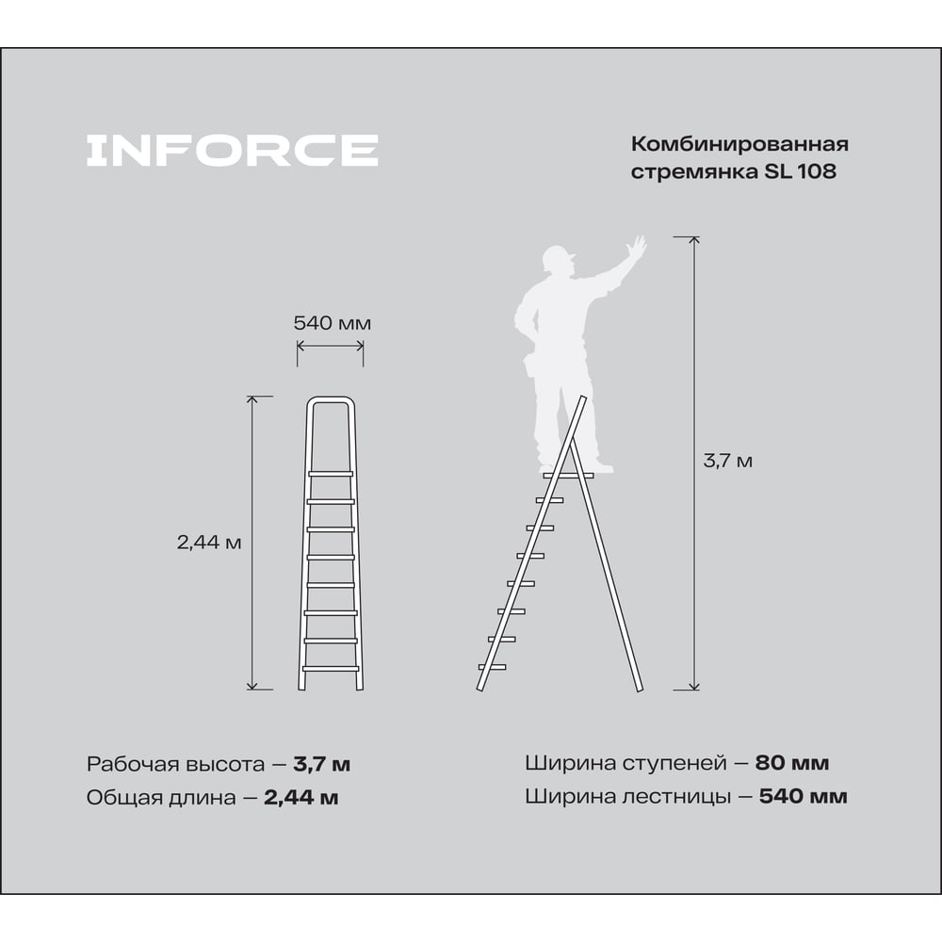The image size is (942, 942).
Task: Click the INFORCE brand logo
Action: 233,150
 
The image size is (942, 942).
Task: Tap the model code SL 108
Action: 800,171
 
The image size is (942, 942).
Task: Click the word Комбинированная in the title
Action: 739,144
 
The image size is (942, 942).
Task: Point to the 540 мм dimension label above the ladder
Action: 333,323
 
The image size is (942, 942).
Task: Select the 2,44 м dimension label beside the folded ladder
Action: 209,543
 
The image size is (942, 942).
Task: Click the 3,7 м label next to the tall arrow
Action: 727,461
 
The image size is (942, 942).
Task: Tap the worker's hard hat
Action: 557,258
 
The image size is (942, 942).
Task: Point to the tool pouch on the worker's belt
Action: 531,365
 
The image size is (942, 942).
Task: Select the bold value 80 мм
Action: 792,763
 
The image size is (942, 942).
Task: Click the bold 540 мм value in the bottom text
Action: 804,797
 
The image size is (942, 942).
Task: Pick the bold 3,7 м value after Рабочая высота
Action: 322,764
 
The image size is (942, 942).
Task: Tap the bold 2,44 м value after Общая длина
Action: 301,798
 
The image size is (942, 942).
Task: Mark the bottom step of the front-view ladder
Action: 331,668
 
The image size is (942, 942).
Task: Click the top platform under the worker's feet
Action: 568,476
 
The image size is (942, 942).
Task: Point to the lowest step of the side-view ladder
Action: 492,667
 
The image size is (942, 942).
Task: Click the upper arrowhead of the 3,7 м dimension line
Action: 694,240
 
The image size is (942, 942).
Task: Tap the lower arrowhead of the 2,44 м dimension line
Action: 252,686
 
